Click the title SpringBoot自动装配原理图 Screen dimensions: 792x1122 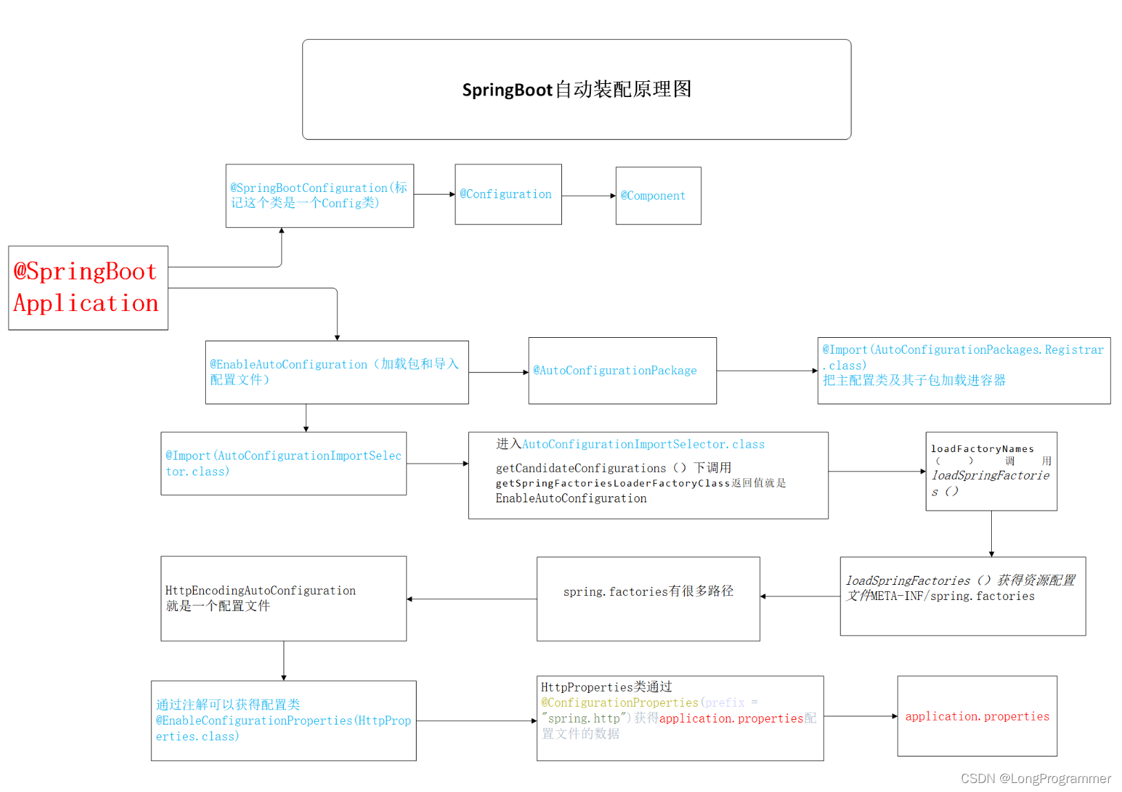(576, 89)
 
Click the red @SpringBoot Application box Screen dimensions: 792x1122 (87, 288)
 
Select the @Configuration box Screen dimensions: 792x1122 (508, 194)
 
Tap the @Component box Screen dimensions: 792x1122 (658, 195)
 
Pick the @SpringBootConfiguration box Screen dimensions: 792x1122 (319, 195)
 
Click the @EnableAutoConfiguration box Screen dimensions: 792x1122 (336, 372)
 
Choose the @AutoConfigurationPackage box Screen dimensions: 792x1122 (622, 370)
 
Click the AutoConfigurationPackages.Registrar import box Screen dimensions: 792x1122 (963, 370)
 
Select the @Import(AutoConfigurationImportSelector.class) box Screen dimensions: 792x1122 (283, 463)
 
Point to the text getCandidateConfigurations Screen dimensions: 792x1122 (581, 468)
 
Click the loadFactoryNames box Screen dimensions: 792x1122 (990, 471)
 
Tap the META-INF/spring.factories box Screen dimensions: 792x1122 (962, 596)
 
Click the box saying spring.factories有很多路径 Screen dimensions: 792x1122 (647, 599)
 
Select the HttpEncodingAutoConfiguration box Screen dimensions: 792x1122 (283, 598)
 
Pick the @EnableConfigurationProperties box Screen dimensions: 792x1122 (283, 720)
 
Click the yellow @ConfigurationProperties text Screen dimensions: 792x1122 (619, 703)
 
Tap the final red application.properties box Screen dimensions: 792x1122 (977, 716)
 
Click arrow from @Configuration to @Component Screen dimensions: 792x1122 (588, 195)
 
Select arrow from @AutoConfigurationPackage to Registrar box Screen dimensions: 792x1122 (767, 371)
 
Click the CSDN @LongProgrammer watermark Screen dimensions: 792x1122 (1035, 778)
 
